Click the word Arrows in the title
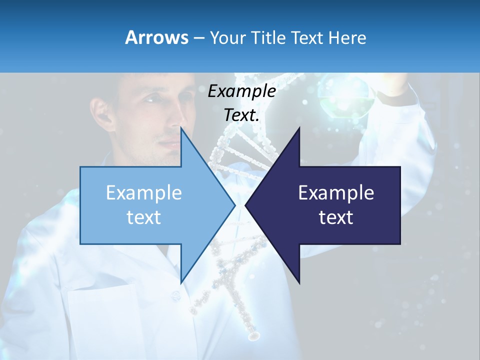(x=156, y=37)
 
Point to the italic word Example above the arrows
(x=241, y=91)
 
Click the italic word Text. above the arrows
(x=241, y=115)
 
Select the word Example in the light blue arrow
(x=144, y=192)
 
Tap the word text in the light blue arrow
(x=144, y=217)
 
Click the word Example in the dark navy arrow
(x=336, y=192)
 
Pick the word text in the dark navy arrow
(x=336, y=217)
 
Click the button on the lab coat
(x=175, y=296)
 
